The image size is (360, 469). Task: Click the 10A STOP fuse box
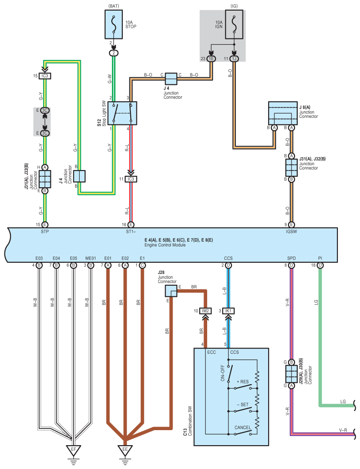[x=114, y=24]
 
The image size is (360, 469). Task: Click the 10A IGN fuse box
[x=234, y=24]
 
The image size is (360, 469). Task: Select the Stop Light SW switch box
[x=122, y=113]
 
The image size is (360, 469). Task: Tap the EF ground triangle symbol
[x=73, y=450]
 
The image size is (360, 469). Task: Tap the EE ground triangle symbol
[x=125, y=450]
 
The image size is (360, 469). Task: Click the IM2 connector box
[x=205, y=311]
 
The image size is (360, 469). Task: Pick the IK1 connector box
[x=228, y=311]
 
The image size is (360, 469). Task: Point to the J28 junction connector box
[x=171, y=291]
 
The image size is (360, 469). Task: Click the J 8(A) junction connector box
[x=283, y=113]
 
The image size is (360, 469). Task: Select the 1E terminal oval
[x=211, y=59]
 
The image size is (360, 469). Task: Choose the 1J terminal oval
[x=234, y=59]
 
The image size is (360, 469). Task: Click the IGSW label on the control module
[x=291, y=231]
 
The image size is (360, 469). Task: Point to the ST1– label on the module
[x=131, y=231]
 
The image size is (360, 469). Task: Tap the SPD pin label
[x=291, y=258]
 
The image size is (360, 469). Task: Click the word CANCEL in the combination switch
[x=243, y=427]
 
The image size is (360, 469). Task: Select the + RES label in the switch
[x=243, y=382]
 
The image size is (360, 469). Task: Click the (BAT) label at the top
[x=114, y=6]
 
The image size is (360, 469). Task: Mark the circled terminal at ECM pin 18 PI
[x=320, y=265]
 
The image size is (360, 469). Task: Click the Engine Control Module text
[x=165, y=245]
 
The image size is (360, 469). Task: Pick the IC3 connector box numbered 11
[x=131, y=179]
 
